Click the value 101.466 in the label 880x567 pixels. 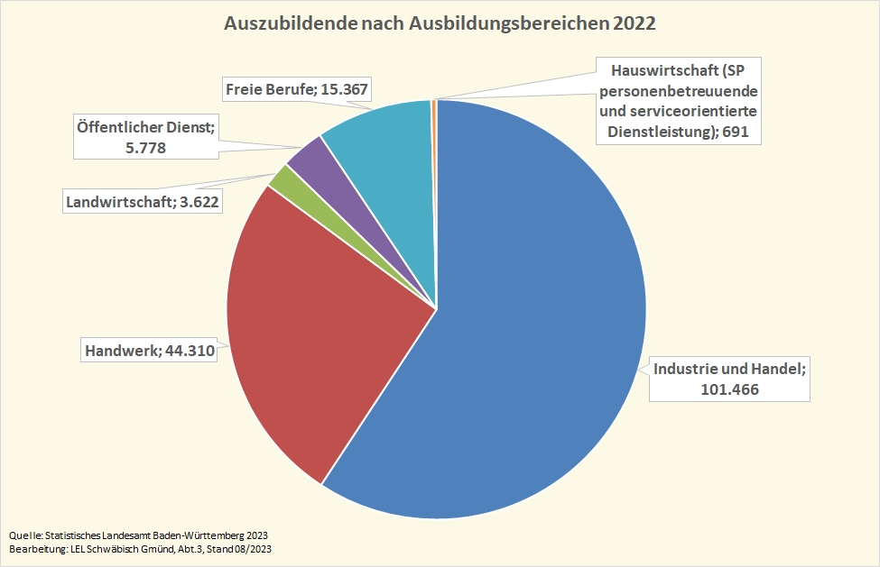729,389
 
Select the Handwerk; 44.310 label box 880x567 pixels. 149,351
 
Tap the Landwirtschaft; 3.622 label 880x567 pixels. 143,201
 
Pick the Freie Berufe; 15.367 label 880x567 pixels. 297,89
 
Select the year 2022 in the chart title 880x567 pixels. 634,23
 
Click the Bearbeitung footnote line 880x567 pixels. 140,548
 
